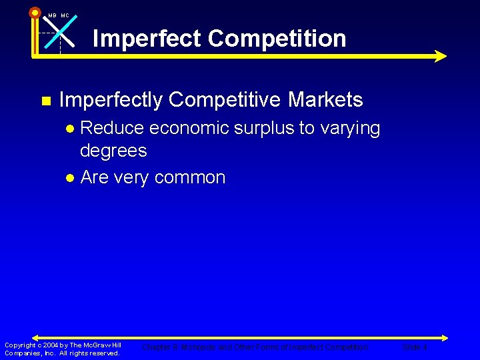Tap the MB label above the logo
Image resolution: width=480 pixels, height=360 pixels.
pos(52,15)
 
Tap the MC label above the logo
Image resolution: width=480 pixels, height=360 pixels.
pos(65,15)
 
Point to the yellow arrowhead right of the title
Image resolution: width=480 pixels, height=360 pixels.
pos(439,56)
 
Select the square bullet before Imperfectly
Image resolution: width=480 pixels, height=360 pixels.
pos(45,101)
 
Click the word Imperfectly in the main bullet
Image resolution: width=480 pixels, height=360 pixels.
pos(111,100)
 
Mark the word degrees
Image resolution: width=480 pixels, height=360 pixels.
pos(113,151)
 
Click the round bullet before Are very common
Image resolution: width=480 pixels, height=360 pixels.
pos(70,179)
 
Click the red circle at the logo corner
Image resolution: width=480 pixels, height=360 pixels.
pos(35,12)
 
